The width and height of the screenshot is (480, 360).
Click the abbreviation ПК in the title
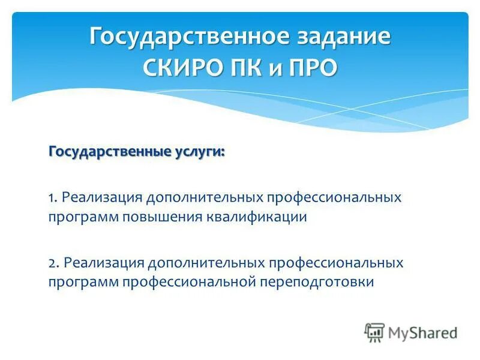tap(248, 67)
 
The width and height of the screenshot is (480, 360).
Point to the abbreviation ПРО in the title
tap(311, 67)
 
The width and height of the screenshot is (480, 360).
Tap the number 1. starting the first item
tap(53, 198)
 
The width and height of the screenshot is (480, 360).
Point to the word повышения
tap(161, 217)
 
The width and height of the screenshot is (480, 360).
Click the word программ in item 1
tap(84, 217)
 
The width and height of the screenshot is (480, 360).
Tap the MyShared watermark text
tap(423, 331)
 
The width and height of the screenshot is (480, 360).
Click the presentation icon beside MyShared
tap(374, 331)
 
